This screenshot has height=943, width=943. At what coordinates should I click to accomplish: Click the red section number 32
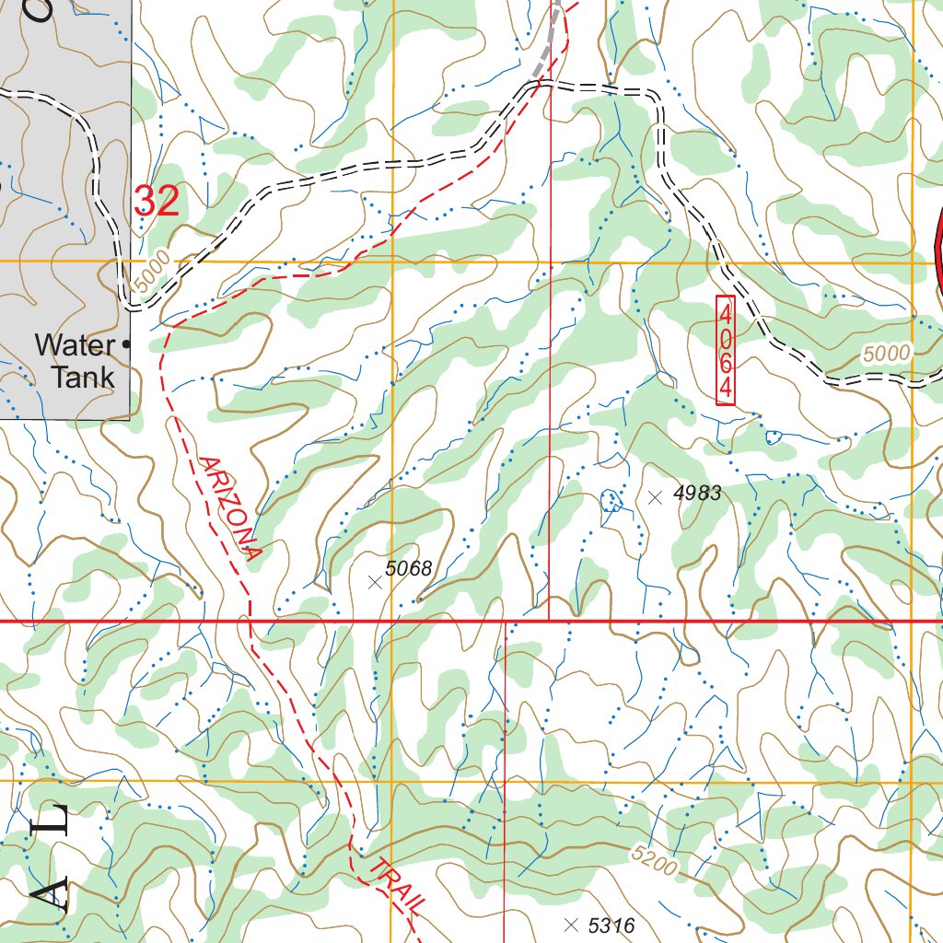tap(157, 201)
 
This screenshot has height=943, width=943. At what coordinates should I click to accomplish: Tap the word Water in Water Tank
tap(75, 345)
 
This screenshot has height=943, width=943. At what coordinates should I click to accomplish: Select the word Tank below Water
tap(83, 377)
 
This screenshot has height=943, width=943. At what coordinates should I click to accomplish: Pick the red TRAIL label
tap(398, 885)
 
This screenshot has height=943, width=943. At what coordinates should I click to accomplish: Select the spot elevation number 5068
tap(408, 568)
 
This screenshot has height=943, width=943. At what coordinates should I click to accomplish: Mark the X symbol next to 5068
tap(374, 582)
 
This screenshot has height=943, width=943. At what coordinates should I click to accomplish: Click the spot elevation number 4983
tap(696, 494)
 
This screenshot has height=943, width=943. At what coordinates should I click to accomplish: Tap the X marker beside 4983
tap(655, 497)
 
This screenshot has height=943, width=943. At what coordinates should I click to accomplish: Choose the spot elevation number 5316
tap(611, 925)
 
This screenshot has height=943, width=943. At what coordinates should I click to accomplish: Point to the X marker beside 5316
tap(571, 924)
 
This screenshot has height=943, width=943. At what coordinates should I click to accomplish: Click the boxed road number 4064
tap(726, 350)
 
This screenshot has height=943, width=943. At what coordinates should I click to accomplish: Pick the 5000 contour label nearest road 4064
tap(887, 353)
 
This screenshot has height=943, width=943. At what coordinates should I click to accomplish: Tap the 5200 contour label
tap(655, 860)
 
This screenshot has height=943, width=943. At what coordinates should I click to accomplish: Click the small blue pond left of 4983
tap(610, 500)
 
